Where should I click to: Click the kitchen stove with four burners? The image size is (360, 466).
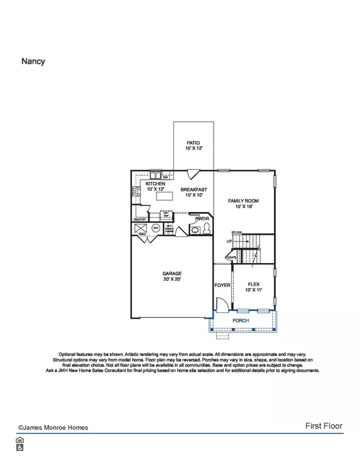click(x=135, y=193)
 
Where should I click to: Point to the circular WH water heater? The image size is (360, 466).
click(x=155, y=228)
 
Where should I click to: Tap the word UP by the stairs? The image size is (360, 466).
click(x=229, y=241)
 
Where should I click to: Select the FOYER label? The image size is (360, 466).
click(x=223, y=285)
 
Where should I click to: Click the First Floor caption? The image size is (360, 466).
click(x=323, y=426)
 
